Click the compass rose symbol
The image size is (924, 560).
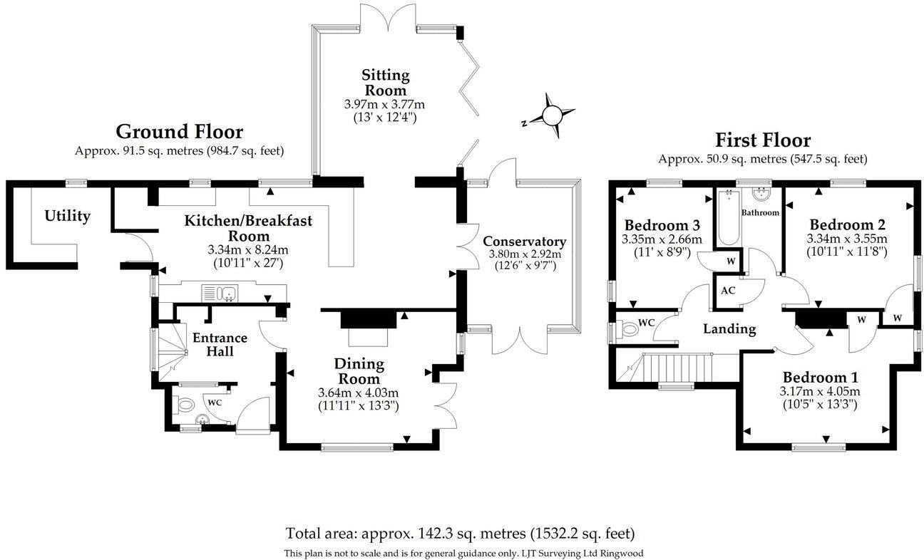click(552, 115)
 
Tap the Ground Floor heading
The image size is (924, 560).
click(179, 132)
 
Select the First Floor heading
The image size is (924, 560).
click(763, 140)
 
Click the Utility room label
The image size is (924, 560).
click(68, 215)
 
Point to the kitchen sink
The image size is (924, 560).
click(220, 292)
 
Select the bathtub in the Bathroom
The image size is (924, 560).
click(726, 218)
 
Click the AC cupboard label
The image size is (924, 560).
click(728, 291)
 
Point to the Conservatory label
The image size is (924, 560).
click(524, 241)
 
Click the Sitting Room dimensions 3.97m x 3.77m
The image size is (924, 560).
click(384, 104)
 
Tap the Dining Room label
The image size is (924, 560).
click(359, 371)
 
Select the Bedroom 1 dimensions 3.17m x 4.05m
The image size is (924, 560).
click(821, 391)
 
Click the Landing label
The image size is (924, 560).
click(729, 328)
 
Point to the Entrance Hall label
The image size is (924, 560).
click(218, 344)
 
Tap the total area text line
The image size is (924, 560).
click(461, 533)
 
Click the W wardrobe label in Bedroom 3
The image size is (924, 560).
click(730, 261)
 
